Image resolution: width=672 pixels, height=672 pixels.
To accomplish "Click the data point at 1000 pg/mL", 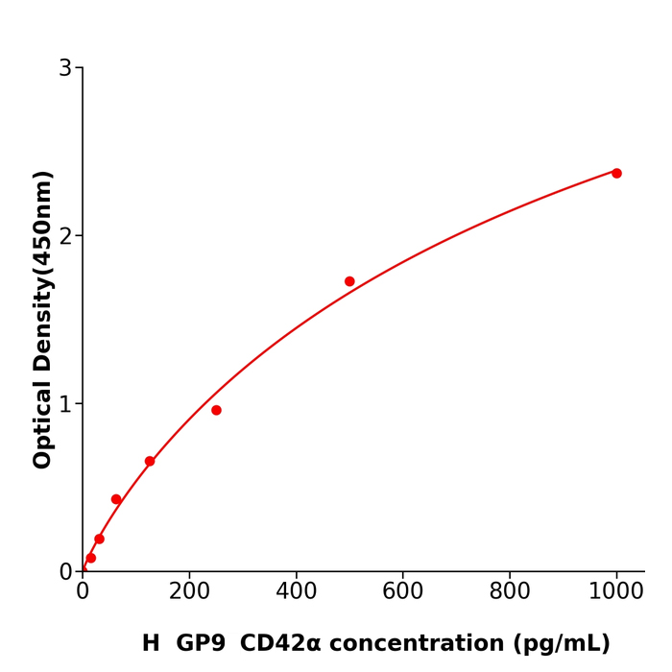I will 616,173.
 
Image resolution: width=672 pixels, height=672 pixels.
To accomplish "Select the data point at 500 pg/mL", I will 349,281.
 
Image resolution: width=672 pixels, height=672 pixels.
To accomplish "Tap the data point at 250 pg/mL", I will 216,410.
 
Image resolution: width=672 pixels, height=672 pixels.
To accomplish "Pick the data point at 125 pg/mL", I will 150,461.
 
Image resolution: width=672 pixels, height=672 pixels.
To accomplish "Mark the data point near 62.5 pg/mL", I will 116,499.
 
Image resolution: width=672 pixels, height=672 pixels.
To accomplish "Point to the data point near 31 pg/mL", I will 99,539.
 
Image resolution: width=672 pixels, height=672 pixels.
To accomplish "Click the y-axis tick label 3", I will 65,68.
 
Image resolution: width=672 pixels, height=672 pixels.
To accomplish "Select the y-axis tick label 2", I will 65,236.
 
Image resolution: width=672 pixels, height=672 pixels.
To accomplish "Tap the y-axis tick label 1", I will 65,404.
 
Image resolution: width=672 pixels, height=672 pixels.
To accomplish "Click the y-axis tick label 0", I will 65,572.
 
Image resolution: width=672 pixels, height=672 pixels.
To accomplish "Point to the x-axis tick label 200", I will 189,592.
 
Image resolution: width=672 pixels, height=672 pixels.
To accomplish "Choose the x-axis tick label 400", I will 296,592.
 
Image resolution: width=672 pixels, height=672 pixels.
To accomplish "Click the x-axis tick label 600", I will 402,592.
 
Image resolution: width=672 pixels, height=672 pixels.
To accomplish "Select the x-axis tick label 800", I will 510,592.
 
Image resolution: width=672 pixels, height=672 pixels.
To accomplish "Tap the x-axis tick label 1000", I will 616,592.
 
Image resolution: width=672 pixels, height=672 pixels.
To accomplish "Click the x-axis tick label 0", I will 83,592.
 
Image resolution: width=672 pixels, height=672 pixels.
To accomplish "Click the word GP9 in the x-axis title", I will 201,643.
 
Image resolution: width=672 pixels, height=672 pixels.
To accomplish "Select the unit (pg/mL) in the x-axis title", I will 562,643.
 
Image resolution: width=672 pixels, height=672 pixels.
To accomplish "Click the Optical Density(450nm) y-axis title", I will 42,320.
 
